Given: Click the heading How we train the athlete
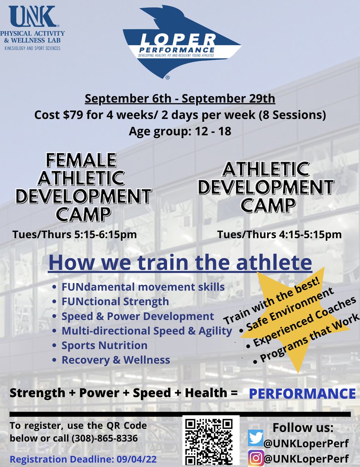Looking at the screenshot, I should (180, 263).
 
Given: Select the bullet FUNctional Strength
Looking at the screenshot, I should (115, 301).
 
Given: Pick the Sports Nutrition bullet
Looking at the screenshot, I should (104, 345).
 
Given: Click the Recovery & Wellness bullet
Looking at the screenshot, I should (115, 360).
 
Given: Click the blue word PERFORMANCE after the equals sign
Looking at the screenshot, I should (302, 393).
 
